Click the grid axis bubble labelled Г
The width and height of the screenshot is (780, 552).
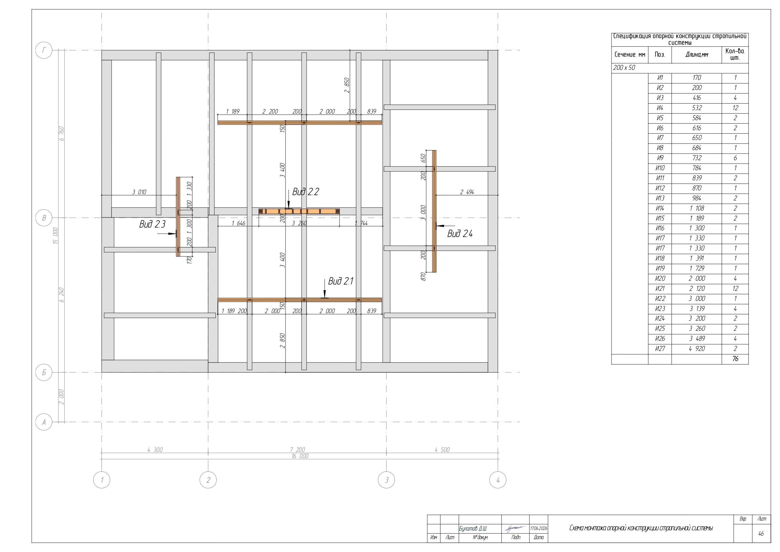click(44, 50)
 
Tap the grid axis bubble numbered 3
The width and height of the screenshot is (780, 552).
click(386, 480)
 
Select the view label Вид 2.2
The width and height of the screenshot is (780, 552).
click(305, 192)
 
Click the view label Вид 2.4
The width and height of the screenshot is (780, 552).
click(460, 234)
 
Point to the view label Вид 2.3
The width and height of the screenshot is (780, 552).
click(152, 224)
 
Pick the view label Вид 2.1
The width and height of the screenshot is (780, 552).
click(340, 281)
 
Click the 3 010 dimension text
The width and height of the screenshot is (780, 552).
click(139, 192)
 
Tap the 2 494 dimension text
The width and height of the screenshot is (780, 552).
click(467, 192)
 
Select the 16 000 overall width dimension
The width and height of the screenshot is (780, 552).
click(300, 456)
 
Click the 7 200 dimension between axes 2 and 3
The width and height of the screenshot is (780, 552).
click(298, 450)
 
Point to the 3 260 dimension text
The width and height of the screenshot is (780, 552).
click(299, 223)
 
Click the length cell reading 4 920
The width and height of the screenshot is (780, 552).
click(697, 349)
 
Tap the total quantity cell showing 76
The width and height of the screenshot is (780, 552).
click(735, 359)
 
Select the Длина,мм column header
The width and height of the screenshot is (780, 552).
click(697, 55)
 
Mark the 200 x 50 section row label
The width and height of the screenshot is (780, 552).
click(624, 68)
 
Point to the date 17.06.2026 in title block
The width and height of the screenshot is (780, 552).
click(539, 528)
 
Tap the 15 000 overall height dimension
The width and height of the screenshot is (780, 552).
click(56, 236)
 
